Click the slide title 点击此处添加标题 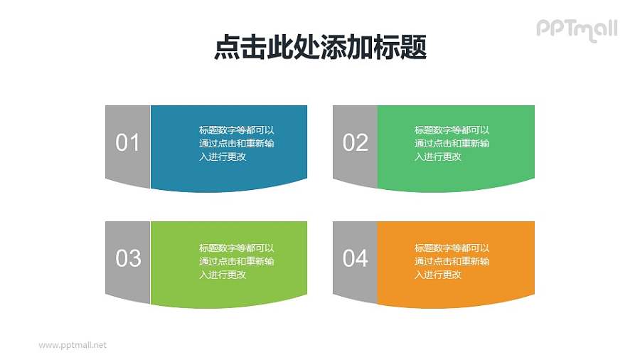pyautogui.click(x=320, y=48)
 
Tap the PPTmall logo pyautogui.click(x=576, y=29)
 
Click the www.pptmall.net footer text pyautogui.click(x=73, y=345)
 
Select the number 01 pyautogui.click(x=128, y=143)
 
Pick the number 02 pyautogui.click(x=356, y=143)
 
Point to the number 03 pyautogui.click(x=128, y=258)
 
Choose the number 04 pyautogui.click(x=356, y=258)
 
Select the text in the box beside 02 pyautogui.click(x=452, y=143)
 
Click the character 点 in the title pyautogui.click(x=226, y=48)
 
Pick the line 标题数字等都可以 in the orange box pyautogui.click(x=452, y=248)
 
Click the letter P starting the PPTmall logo pyautogui.click(x=543, y=28)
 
